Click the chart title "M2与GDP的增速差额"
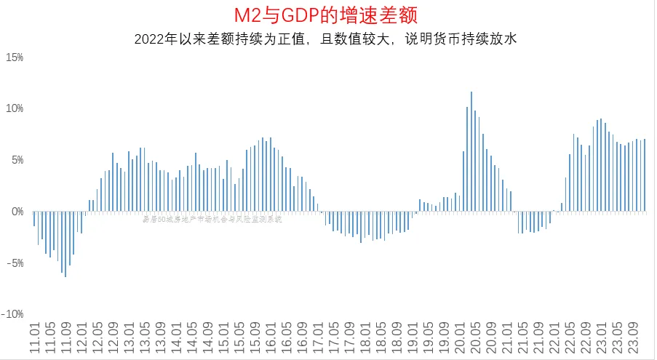coord(327,15)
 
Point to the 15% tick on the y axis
coord(15,57)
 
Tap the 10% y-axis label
coord(15,108)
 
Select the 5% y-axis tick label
coord(17,160)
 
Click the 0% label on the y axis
coord(17,212)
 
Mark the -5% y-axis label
coord(15,263)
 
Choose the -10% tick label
coord(14,314)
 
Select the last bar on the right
coord(645,175)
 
